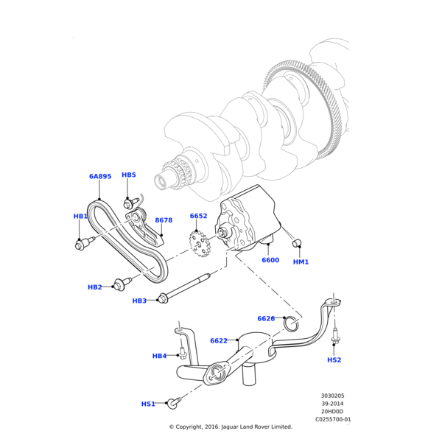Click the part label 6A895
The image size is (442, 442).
(100, 177)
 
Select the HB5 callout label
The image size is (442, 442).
(129, 175)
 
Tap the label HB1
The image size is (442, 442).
(80, 217)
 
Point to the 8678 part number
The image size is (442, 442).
(164, 220)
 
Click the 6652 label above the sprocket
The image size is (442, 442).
(198, 217)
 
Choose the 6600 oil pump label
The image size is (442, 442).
(270, 260)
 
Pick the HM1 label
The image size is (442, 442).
(301, 262)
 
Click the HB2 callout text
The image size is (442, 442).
(95, 287)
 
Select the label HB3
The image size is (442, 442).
(139, 301)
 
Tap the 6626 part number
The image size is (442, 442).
(266, 319)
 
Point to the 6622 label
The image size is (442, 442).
(219, 341)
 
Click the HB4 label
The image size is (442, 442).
(159, 357)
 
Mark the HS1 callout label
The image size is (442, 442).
(148, 404)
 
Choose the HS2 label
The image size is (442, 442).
(334, 360)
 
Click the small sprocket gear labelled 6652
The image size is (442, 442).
(199, 243)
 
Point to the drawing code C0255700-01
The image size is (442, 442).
(333, 419)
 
